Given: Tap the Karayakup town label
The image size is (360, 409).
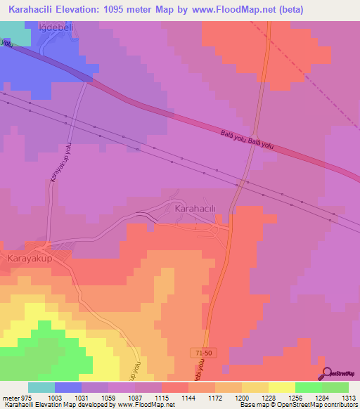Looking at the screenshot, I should coord(30,259).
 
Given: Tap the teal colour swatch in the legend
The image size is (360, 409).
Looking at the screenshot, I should coord(41,387).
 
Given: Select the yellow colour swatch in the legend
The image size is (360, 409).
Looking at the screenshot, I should coord(281,387).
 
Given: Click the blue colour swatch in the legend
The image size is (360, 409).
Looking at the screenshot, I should coord(68,387).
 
